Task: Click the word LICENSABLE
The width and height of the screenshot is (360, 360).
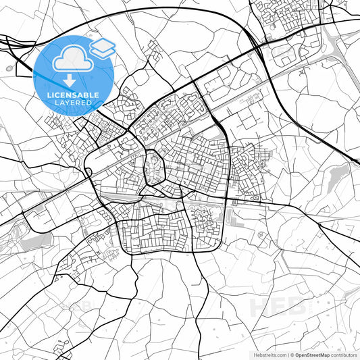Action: point(72,95)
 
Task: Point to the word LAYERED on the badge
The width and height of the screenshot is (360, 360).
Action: point(72,103)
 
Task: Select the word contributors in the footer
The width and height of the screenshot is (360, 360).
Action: point(344,354)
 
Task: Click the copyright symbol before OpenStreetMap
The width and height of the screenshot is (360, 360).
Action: point(292,354)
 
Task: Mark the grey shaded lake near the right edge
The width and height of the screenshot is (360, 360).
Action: point(336,177)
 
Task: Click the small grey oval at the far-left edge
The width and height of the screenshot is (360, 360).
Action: point(7,68)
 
